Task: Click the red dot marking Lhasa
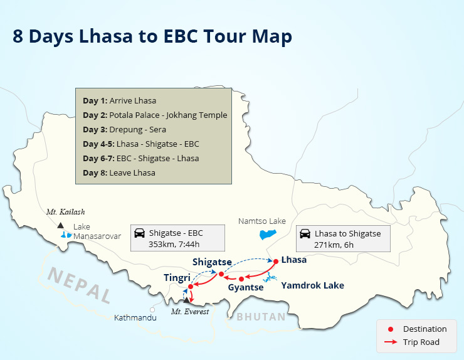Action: tap(275, 260)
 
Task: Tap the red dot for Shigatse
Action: tap(221, 273)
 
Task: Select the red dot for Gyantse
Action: tap(241, 278)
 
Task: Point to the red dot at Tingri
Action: tap(190, 288)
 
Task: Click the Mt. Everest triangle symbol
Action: tap(186, 300)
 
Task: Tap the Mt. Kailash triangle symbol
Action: tap(60, 225)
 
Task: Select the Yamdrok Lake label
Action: tap(312, 285)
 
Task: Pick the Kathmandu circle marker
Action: tap(152, 309)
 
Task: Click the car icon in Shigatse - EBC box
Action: tap(140, 233)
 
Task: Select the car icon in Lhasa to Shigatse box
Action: tap(305, 233)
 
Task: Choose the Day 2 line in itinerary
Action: tap(155, 115)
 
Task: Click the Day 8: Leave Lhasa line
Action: tap(119, 172)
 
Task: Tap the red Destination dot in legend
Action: tap(391, 329)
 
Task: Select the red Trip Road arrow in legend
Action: tap(391, 342)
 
